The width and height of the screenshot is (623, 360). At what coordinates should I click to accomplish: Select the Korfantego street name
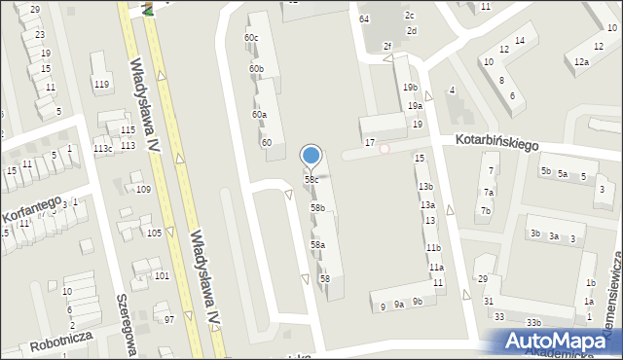click(x=30, y=210)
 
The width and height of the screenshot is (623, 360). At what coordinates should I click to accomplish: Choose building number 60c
click(x=251, y=38)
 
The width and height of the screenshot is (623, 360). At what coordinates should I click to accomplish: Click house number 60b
click(x=256, y=69)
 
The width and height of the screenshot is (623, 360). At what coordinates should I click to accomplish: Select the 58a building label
click(x=317, y=245)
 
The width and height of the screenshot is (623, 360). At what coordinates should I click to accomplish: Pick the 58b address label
click(x=317, y=208)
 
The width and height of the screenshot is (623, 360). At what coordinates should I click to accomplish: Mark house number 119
click(x=101, y=84)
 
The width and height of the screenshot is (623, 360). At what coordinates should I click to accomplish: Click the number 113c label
click(x=102, y=148)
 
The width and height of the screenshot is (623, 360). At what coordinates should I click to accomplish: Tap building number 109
click(x=143, y=189)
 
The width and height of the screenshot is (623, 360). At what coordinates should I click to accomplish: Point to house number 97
click(x=168, y=320)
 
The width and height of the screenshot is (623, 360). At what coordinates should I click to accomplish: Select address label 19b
click(x=410, y=88)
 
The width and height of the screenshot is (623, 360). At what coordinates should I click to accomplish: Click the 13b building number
click(x=425, y=186)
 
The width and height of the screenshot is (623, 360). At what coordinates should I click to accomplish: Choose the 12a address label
click(x=581, y=62)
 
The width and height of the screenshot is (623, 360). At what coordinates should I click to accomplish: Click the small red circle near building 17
click(x=385, y=149)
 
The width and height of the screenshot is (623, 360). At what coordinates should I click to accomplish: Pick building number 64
click(x=364, y=19)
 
